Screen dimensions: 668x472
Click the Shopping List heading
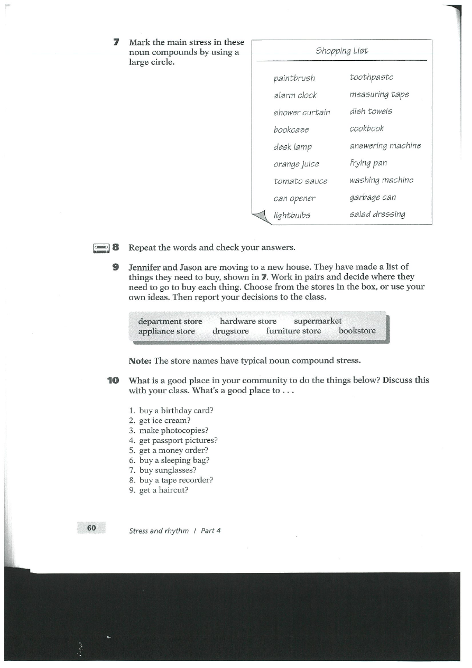(x=341, y=51)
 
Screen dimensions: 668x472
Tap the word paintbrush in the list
(x=294, y=78)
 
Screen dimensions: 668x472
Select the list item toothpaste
(x=371, y=78)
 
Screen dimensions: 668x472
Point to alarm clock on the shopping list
(x=295, y=96)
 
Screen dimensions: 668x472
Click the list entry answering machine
(x=385, y=146)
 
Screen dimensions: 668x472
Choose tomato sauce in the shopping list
(x=300, y=181)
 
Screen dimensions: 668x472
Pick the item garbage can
(x=372, y=198)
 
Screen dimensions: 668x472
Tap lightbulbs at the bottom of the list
(x=292, y=216)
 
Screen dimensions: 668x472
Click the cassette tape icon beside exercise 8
(x=100, y=247)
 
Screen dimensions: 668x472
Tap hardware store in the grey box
(x=248, y=321)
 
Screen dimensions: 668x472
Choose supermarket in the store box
(x=318, y=321)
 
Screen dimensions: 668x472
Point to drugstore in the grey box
(x=230, y=331)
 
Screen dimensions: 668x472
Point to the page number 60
(x=91, y=528)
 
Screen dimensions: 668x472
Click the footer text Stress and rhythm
(x=159, y=531)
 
